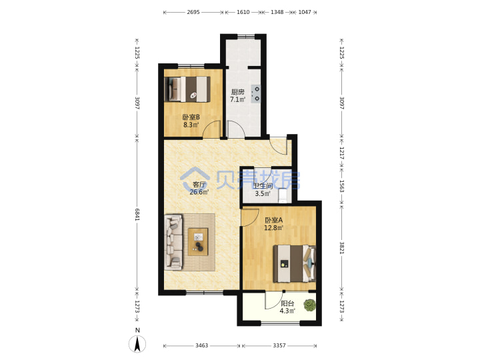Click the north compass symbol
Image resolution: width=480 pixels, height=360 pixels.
click(137, 343)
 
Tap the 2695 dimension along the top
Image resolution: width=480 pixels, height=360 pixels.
click(193, 12)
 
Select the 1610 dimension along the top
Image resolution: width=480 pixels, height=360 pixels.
click(243, 12)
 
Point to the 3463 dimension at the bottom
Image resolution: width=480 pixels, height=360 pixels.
click(202, 345)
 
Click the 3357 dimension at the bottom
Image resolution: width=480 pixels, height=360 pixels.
click(279, 345)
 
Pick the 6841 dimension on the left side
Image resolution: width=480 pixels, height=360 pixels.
click(137, 214)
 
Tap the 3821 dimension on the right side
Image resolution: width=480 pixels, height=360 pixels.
click(341, 247)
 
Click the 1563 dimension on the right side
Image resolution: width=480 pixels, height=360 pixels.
click(341, 186)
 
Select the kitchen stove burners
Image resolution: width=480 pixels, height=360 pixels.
click(256, 94)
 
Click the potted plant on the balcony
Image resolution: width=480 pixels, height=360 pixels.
click(309, 305)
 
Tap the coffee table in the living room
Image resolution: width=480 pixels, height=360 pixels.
click(198, 242)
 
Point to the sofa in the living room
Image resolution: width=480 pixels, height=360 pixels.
click(173, 242)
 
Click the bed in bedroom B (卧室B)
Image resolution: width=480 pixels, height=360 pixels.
click(187, 89)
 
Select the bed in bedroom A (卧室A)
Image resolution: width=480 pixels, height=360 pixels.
click(295, 263)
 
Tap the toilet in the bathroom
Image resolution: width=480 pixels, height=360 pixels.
click(283, 195)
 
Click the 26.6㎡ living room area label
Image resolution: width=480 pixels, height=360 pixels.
click(199, 192)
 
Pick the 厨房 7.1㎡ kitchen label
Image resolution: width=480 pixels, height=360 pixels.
click(238, 95)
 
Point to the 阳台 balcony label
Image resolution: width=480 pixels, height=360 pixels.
click(287, 303)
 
